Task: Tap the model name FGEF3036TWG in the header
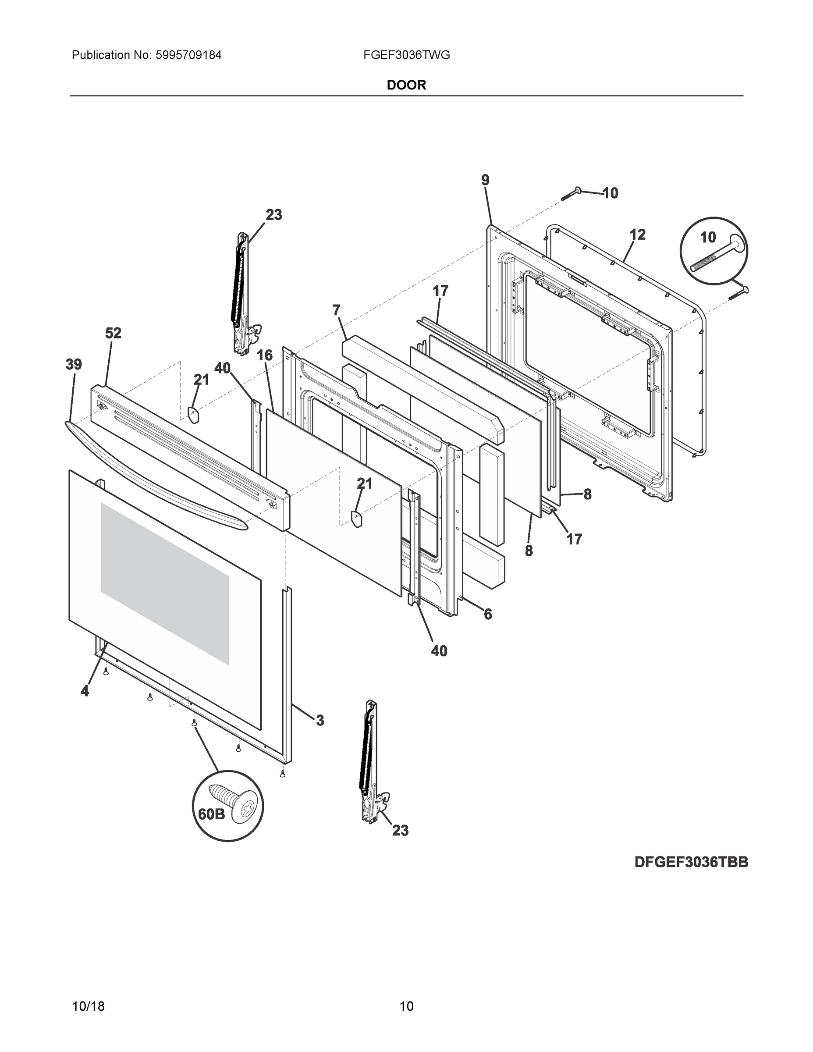(x=407, y=55)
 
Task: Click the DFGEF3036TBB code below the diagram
(x=691, y=862)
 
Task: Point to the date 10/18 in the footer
(x=88, y=1006)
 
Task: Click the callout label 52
(x=114, y=333)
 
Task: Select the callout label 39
(x=74, y=365)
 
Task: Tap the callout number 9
(x=485, y=180)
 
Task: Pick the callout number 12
(x=637, y=235)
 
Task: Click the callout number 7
(x=336, y=310)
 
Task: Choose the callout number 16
(x=264, y=355)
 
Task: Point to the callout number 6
(x=488, y=614)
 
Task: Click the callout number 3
(x=320, y=721)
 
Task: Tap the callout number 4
(x=85, y=691)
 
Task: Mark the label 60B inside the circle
(x=211, y=814)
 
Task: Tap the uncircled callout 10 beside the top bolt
(x=610, y=193)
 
